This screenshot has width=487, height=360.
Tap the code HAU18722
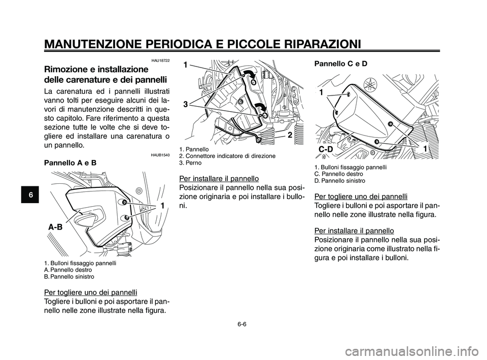(x=159, y=60)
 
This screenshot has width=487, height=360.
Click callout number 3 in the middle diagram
(x=186, y=104)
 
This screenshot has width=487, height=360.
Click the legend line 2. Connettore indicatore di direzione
(x=227, y=156)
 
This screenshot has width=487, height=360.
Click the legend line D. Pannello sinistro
(x=339, y=181)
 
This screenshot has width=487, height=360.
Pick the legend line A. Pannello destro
(x=68, y=270)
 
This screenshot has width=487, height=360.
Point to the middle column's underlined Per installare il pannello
(x=219, y=179)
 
